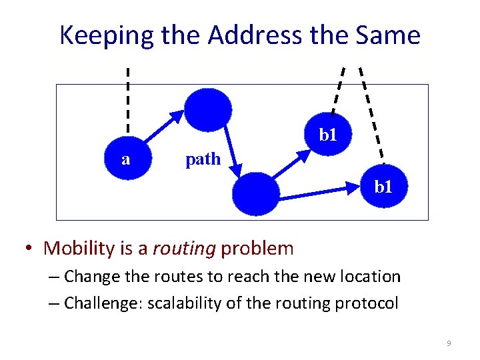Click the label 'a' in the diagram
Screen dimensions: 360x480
pos(126,159)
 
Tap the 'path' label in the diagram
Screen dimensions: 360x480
pos(203,159)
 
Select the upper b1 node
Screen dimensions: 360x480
pos(327,135)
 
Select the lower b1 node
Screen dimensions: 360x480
pos(383,187)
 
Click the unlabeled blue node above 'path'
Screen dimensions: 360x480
pos(208,109)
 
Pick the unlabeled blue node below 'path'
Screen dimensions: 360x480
pos(256,194)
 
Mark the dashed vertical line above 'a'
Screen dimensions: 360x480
pos(128,100)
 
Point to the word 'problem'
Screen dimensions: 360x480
pos(257,249)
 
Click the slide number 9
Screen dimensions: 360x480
pos(449,343)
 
